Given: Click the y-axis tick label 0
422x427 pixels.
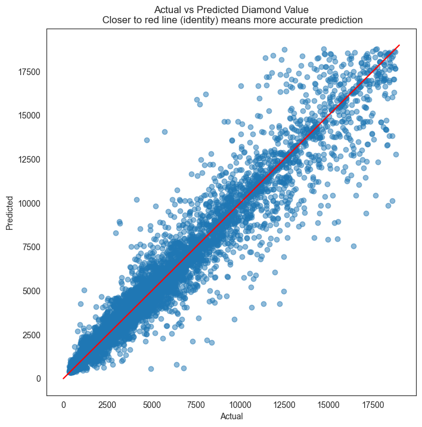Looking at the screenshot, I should (x=38, y=378).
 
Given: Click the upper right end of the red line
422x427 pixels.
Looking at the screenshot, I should (x=399, y=45).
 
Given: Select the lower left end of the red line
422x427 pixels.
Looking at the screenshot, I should (x=63, y=378).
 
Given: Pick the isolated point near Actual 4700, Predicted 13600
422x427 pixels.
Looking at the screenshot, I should (x=147, y=140).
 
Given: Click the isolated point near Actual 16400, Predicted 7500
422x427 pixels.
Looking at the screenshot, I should (x=353, y=246).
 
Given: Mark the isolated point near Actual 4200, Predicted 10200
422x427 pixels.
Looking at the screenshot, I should (x=136, y=200).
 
